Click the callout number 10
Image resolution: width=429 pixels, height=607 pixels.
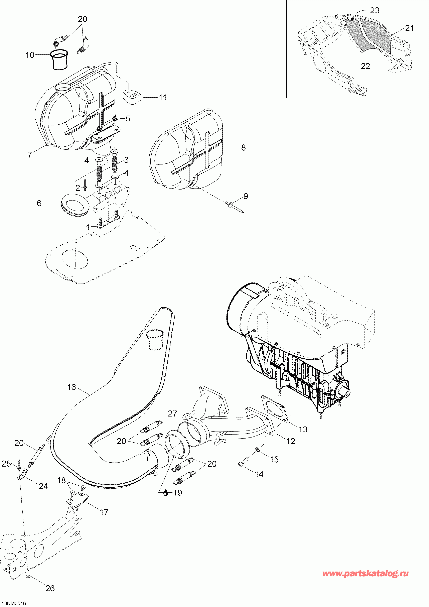30,55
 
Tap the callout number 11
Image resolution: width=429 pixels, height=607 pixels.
162,98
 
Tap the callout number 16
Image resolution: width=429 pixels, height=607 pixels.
71,387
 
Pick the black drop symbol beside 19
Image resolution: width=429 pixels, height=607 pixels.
166,493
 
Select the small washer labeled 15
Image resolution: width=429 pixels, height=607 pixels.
257,449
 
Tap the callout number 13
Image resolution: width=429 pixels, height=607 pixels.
303,429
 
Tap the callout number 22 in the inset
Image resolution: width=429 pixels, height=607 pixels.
365,66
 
